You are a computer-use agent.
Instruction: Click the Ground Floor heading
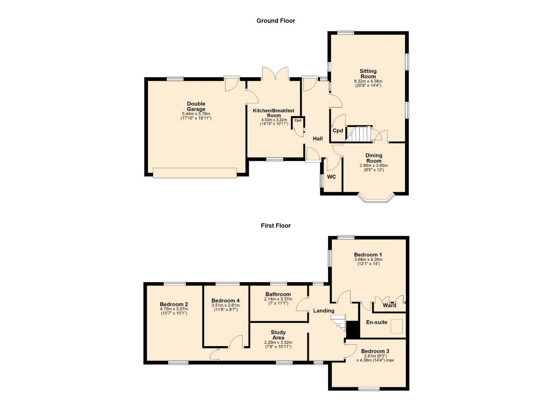click(x=276, y=21)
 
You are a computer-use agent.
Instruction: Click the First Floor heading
click(x=276, y=226)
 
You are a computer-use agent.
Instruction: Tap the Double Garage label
click(x=196, y=106)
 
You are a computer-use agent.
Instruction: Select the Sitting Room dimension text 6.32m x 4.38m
click(x=368, y=81)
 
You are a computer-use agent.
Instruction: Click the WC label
click(x=332, y=177)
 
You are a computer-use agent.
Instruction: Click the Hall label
click(x=318, y=139)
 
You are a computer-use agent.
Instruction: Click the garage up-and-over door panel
click(x=195, y=173)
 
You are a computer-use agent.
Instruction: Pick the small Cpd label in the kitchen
click(x=298, y=120)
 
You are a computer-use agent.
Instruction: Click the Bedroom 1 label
click(x=368, y=255)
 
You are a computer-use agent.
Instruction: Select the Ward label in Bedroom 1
click(x=389, y=305)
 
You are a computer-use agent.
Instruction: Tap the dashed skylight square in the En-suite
click(x=397, y=326)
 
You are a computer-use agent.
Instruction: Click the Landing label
click(x=324, y=311)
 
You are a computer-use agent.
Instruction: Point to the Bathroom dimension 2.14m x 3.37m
click(x=278, y=299)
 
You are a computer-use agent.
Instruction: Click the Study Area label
click(x=278, y=335)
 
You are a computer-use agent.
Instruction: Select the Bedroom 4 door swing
click(x=236, y=341)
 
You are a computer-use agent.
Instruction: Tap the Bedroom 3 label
click(x=375, y=351)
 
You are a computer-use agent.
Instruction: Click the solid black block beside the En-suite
click(x=353, y=329)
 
